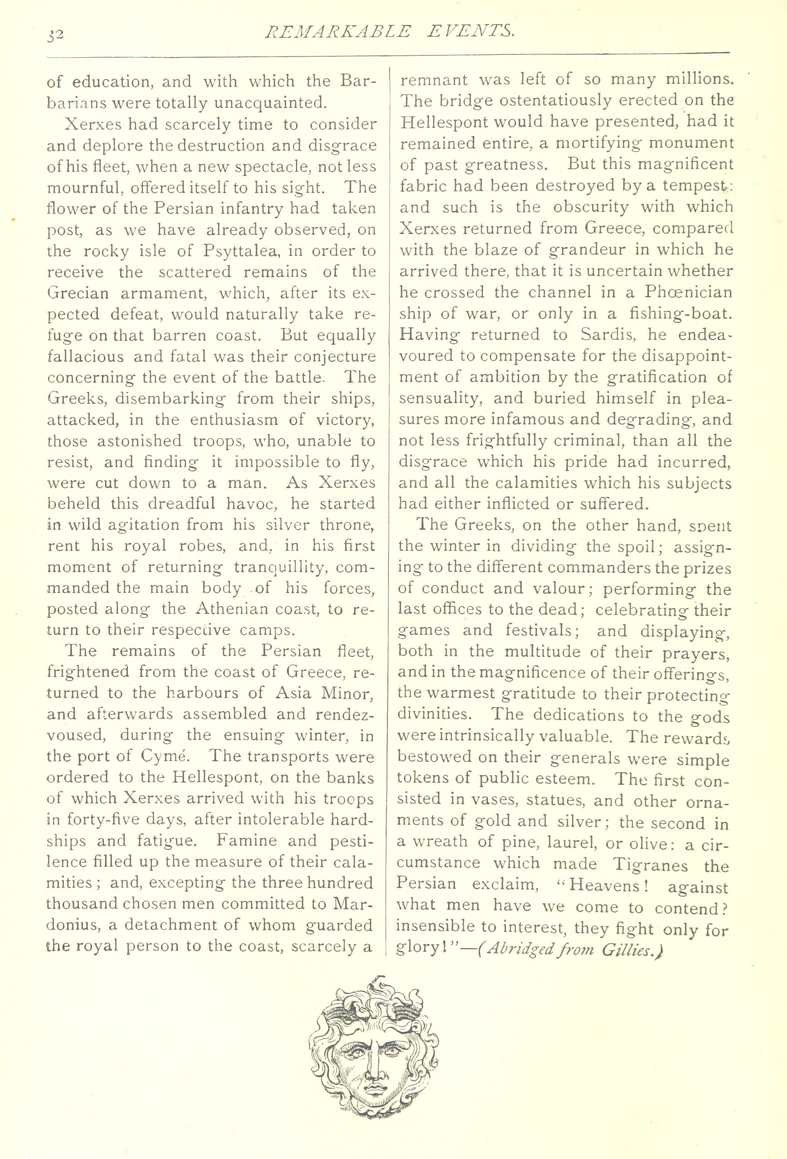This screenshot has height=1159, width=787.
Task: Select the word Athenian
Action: (231, 609)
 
